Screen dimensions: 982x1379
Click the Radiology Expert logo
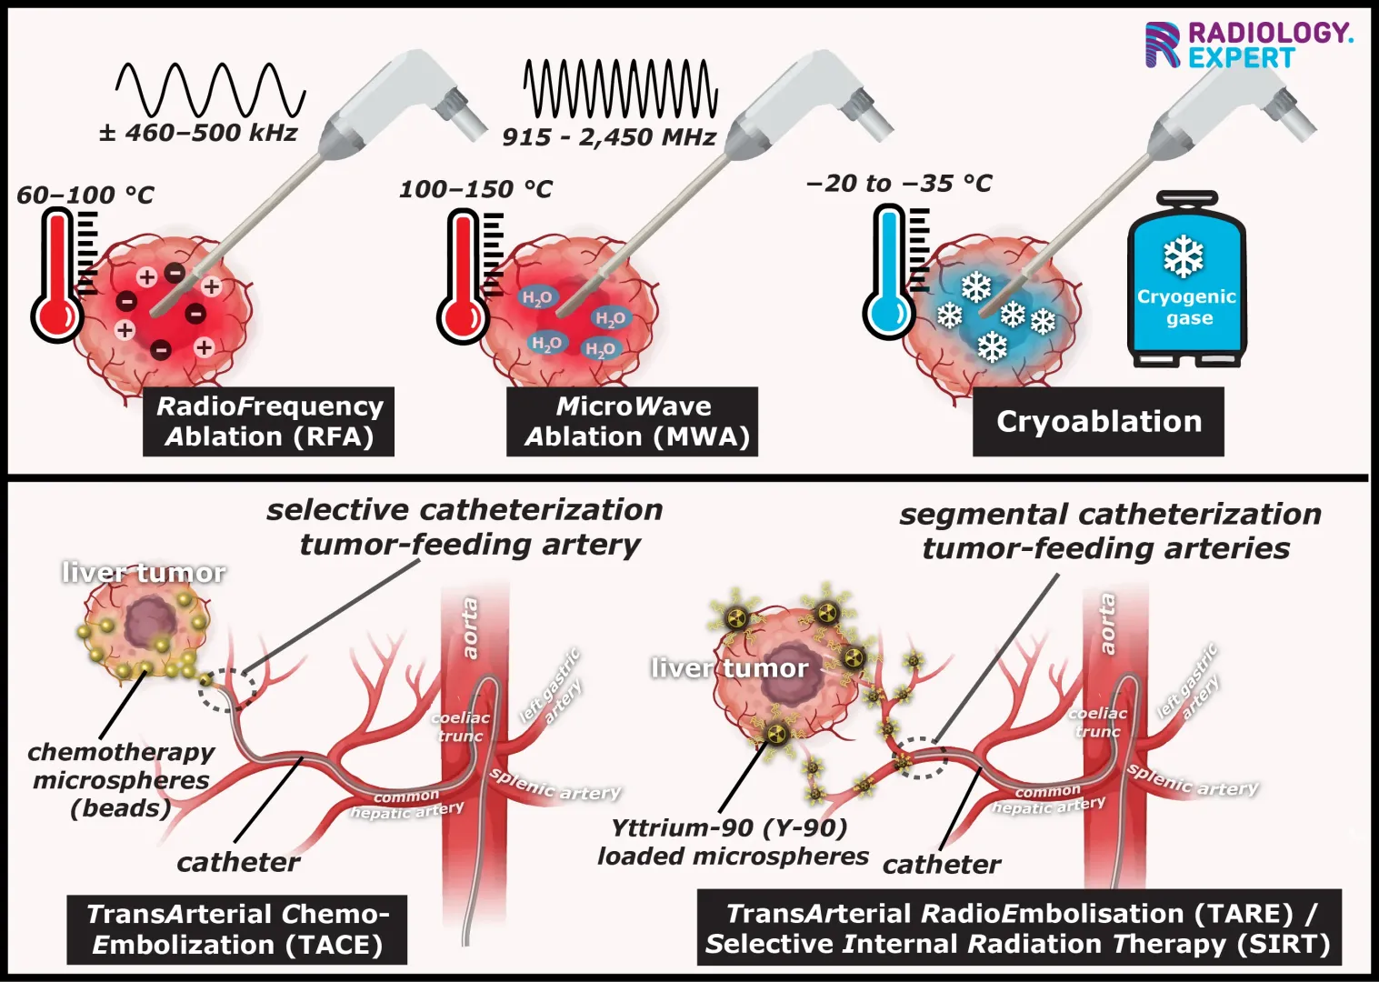tap(1247, 45)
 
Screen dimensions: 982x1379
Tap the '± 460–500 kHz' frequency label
tap(198, 133)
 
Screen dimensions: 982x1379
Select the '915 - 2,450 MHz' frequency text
tap(608, 137)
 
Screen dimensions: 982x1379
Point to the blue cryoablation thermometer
tap(888, 273)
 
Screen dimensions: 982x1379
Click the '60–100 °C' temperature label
tap(85, 195)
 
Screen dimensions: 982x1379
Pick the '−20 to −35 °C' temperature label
tap(899, 184)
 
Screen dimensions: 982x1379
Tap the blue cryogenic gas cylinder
tap(1186, 282)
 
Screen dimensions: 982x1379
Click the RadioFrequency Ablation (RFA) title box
tap(268, 421)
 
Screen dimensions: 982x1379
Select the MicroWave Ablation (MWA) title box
tap(633, 421)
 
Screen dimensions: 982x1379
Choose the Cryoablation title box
tap(1098, 421)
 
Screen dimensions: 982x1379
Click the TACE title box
tap(236, 929)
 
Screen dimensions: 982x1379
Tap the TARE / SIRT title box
tap(1018, 927)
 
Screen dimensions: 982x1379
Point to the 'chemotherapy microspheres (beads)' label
tap(121, 779)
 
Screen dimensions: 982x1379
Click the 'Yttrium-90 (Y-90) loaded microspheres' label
tap(732, 842)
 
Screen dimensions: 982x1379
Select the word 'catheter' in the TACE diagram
tap(238, 862)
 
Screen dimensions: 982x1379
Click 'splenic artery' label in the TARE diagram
tap(1193, 780)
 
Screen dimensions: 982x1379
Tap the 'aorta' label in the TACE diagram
tap(470, 627)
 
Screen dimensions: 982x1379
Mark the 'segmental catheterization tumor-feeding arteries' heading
tap(1109, 531)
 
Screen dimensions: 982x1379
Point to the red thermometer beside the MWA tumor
tap(464, 277)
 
